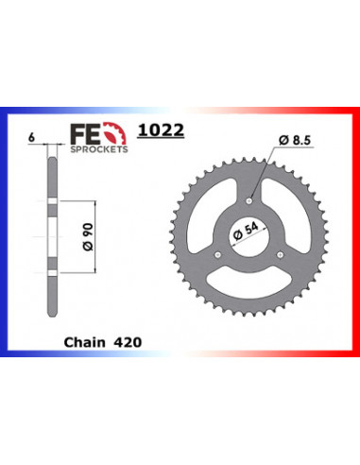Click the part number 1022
pos(161,129)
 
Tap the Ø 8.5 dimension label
pos(295,140)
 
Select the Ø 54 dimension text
pos(246,232)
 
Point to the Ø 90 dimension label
pos(88,236)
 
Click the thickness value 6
pos(31,138)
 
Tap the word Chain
pos(84,342)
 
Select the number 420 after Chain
pos(128,342)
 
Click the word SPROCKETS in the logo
pos(99,149)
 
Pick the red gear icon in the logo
pos(115,133)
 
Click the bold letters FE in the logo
pos(86,134)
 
